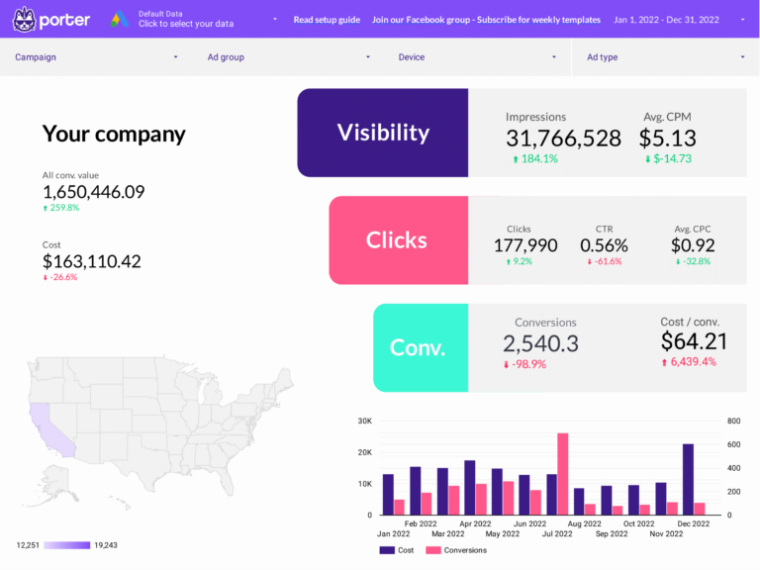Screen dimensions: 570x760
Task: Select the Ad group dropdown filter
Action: click(x=288, y=57)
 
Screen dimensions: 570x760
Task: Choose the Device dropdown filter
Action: click(x=478, y=57)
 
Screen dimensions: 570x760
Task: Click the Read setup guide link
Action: click(x=327, y=20)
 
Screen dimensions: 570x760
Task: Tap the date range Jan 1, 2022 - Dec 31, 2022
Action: click(x=666, y=20)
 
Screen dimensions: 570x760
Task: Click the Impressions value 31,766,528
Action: click(x=563, y=139)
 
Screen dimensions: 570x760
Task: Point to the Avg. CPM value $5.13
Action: click(x=667, y=139)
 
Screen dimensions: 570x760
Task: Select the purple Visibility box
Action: click(x=382, y=133)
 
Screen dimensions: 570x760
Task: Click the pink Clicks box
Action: click(x=397, y=240)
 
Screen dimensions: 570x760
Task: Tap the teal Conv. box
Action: click(x=418, y=347)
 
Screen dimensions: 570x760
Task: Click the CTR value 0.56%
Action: click(x=604, y=245)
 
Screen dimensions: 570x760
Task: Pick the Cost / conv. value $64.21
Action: click(x=694, y=341)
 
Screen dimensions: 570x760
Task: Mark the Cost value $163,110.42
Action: click(x=92, y=261)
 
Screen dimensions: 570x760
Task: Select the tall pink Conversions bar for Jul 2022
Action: click(x=562, y=473)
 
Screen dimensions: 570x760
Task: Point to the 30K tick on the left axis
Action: click(x=363, y=421)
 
